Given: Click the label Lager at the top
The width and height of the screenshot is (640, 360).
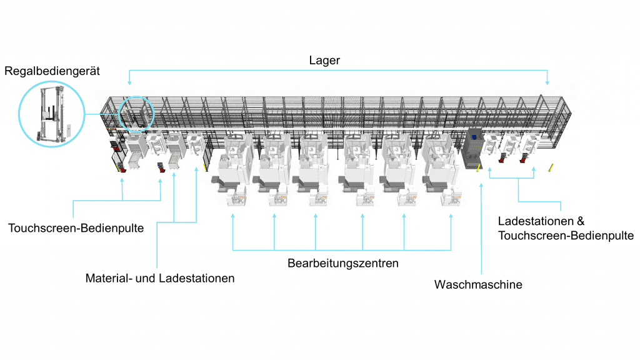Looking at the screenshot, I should click(324, 61).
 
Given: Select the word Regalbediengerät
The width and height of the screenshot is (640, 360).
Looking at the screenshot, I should click(52, 71).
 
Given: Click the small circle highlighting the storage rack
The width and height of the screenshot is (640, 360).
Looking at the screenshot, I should click(136, 113).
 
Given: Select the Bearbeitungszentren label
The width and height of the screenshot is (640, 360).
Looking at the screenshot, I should click(343, 263).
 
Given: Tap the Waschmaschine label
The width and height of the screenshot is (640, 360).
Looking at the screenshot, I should click(478, 285).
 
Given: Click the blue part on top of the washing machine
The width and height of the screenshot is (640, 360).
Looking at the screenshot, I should click(474, 135).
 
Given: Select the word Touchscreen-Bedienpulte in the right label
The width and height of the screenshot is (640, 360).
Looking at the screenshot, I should click(566, 236).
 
